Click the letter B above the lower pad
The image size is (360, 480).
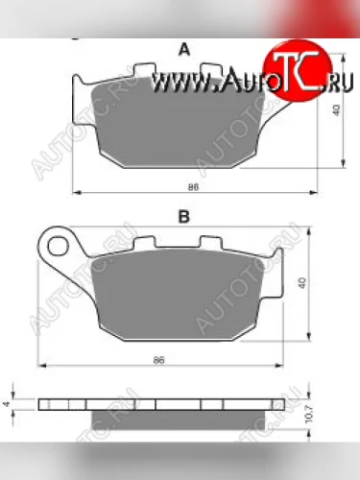183,218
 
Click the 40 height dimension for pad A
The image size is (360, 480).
335,109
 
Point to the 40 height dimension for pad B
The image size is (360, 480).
302,283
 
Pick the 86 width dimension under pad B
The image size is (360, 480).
159,359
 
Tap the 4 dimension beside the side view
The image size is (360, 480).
8,393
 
